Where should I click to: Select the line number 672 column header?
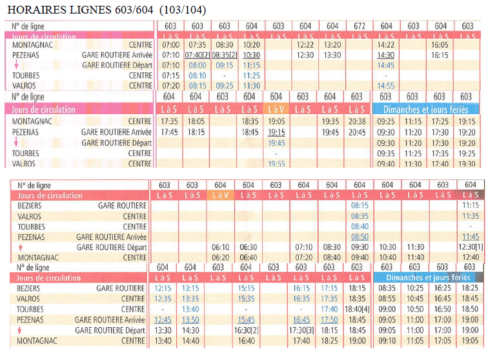360,26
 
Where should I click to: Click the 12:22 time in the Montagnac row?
305,45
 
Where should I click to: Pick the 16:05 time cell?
440,45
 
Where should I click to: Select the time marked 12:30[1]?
471,247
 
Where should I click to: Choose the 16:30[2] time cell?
247,330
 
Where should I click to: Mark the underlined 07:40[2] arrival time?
198,55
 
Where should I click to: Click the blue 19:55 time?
276,164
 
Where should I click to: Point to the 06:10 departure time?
220,247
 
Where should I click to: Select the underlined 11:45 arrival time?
471,237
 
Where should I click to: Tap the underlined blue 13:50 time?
191,319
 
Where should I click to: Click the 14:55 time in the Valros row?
386,86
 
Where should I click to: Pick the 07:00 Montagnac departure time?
171,45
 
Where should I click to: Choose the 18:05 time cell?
196,121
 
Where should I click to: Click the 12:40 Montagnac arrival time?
471,257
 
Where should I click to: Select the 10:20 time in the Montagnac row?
252,45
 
